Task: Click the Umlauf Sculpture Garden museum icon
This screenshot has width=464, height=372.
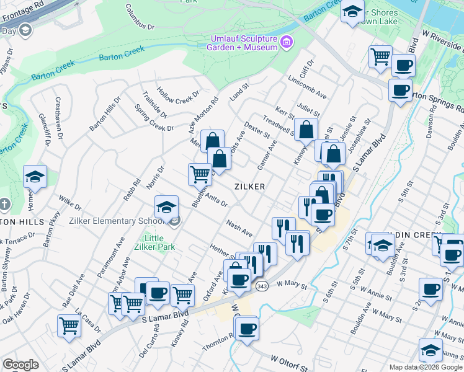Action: coord(286,42)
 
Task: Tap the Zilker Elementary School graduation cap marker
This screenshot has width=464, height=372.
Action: coord(166,206)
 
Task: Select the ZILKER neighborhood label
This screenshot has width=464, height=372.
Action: coord(250,187)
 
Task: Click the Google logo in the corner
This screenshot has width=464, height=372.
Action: coord(20,365)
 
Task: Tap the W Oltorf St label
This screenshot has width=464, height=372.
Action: coord(290,364)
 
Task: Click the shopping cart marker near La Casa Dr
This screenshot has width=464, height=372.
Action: coord(69,324)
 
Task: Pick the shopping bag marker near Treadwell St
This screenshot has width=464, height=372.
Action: coord(306,130)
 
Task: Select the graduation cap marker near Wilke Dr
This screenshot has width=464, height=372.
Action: coord(35,177)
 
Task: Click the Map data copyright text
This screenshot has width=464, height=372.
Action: coord(425,366)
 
